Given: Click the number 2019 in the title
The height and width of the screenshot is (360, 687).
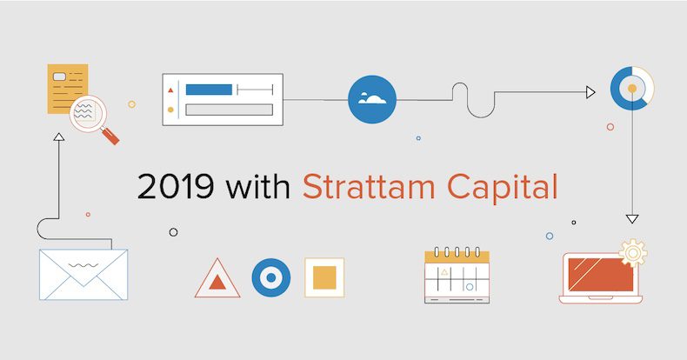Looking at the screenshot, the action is click(x=176, y=187).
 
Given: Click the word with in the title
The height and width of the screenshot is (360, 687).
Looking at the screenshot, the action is click(x=257, y=187).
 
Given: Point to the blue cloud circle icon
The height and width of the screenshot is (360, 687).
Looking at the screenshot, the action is click(x=372, y=99).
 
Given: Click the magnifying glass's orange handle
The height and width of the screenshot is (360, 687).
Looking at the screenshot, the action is click(x=110, y=136).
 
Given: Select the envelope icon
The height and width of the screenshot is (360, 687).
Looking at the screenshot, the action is click(x=83, y=275).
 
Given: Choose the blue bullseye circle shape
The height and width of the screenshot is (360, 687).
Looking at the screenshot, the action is click(x=271, y=277).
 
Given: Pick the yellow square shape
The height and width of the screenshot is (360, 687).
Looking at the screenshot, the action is click(x=324, y=277).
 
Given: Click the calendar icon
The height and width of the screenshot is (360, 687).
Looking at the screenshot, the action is click(x=457, y=275).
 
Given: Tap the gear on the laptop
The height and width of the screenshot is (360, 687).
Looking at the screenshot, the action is click(x=633, y=253).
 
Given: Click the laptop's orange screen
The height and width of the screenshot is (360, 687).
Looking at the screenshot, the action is click(x=601, y=275).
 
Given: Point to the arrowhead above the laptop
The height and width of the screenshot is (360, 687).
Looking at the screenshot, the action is click(x=632, y=219).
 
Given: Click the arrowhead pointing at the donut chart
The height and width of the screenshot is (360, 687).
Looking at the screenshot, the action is click(x=590, y=92).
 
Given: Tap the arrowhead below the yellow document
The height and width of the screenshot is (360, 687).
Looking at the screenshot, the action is click(x=59, y=137).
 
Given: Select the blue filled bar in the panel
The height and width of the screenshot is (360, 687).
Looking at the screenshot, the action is click(x=209, y=90).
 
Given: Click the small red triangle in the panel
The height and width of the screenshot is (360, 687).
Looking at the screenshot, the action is click(x=170, y=90).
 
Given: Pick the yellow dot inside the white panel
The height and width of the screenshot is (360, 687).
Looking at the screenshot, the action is click(x=170, y=110).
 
